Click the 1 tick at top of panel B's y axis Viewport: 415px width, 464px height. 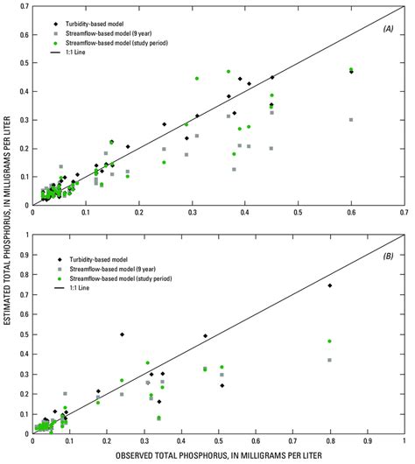(x=25, y=236)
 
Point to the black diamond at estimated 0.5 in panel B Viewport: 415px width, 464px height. (x=122, y=334)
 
